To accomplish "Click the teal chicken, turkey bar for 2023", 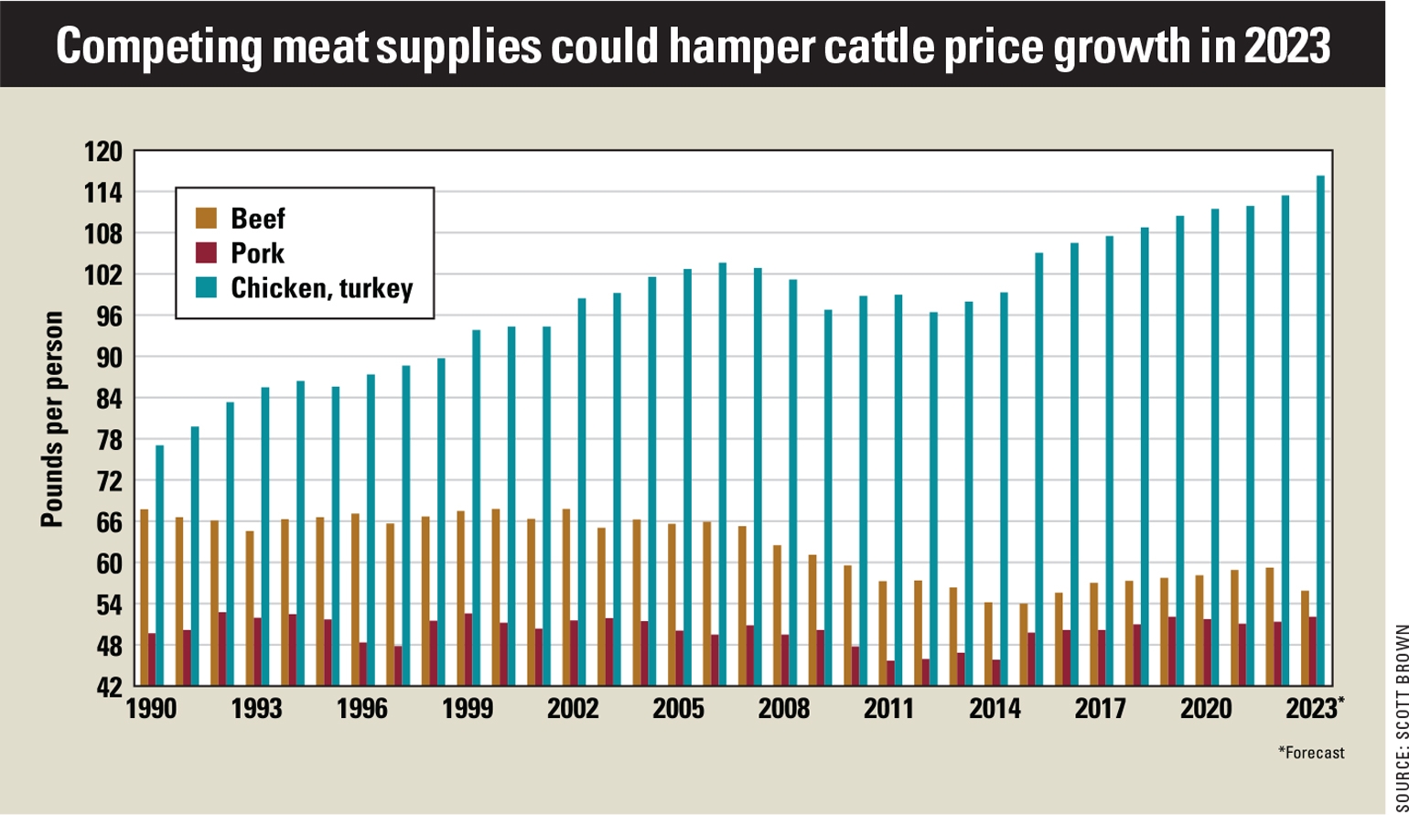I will click(1320, 430).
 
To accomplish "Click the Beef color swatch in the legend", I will click(207, 219).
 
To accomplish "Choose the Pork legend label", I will click(257, 253).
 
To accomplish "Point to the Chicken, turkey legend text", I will click(321, 288).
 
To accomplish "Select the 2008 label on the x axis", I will click(784, 710).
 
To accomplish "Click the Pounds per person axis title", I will click(52, 419).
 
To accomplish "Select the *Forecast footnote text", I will click(1311, 753).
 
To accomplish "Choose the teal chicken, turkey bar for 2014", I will click(1005, 489).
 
